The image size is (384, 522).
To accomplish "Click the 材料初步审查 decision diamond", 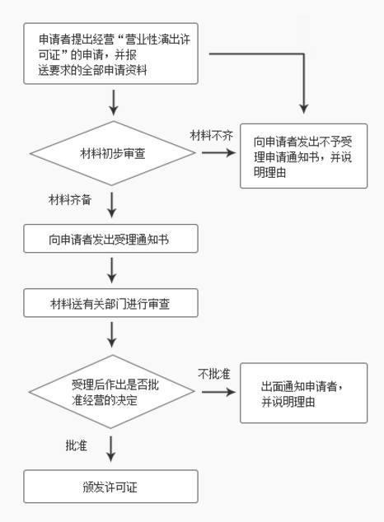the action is pos(113,153).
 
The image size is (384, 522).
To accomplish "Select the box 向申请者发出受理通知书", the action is pos(111,239).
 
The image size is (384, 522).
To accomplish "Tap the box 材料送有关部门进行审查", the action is pos(111,303).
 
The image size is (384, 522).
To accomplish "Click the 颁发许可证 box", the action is pos(111,487).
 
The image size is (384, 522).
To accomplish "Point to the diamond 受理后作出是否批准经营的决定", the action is pos(112,392).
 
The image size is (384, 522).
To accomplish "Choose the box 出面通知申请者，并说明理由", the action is pos(304,394).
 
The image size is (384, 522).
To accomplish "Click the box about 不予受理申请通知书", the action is pos(304,156).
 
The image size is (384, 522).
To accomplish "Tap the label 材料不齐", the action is pos(211,136).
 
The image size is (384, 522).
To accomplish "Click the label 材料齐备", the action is pos(70,200).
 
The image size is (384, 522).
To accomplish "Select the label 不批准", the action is pos(214,374).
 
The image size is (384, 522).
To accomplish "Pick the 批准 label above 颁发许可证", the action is pos(77,445).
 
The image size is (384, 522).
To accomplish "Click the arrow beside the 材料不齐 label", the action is pos(218,153).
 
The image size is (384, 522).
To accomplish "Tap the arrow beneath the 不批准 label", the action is pos(218,392).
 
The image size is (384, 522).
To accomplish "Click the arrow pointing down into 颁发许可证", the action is pos(111,449).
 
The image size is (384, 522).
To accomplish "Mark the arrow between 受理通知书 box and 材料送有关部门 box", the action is pos(112,270).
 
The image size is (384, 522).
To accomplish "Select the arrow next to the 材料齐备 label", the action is pos(112,205).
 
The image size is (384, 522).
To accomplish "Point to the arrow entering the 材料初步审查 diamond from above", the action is pos(114,103).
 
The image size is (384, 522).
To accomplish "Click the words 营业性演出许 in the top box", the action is pos(157,40).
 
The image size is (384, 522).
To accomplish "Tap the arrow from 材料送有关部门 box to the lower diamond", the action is pos(112,334).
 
